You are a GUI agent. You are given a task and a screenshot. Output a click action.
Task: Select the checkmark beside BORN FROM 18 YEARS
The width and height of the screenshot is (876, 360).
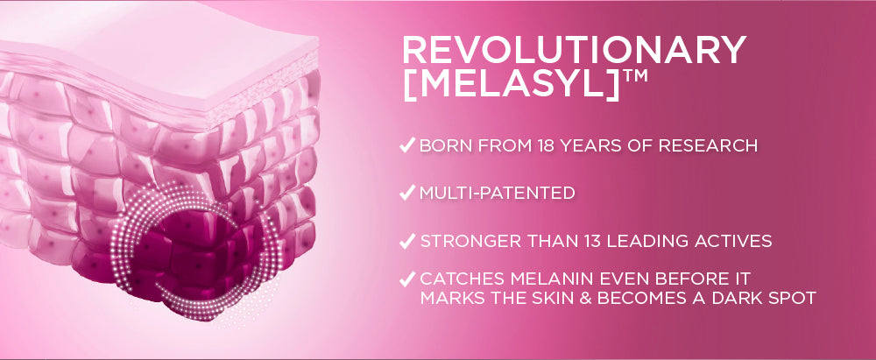407,145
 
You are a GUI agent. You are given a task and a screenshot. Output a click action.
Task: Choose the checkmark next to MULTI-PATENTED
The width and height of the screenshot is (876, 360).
407,194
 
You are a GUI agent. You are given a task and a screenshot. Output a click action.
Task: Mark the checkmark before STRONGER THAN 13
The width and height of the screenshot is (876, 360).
407,242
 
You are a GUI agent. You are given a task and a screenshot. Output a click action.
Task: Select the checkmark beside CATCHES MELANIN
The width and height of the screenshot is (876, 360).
407,279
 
